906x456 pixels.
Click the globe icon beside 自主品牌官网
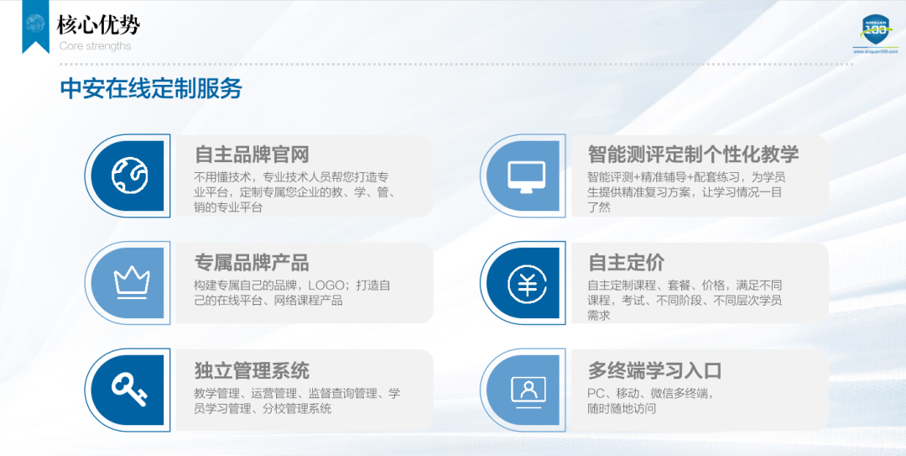tap(129, 176)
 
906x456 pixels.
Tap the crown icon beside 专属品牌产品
tap(132, 282)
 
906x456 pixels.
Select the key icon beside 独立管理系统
tap(129, 390)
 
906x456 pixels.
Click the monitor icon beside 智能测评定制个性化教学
tap(526, 176)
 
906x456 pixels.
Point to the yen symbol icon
tap(527, 283)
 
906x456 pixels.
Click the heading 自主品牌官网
tap(252, 155)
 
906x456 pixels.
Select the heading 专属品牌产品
tap(252, 262)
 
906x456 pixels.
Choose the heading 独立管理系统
tap(252, 370)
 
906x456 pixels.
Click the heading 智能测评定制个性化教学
tap(694, 155)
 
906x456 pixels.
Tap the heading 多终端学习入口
tap(654, 370)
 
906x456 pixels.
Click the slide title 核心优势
tap(98, 25)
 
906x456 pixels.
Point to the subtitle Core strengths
tap(95, 45)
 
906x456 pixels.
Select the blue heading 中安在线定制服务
tap(151, 88)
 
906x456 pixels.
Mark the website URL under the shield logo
tap(875, 51)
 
